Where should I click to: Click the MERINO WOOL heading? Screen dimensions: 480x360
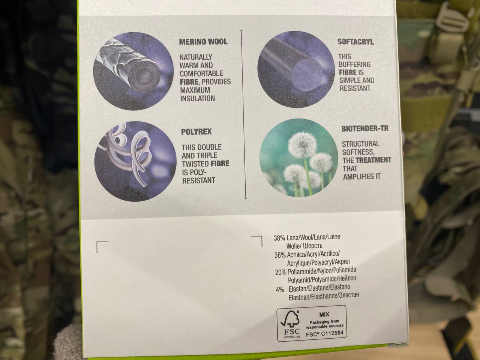[x=203, y=42]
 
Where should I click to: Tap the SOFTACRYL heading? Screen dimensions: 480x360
[x=355, y=42]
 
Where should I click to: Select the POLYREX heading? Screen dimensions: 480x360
[x=196, y=132]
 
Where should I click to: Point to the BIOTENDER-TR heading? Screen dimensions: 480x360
[x=365, y=129]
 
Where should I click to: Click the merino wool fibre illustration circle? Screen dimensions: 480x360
[x=133, y=71]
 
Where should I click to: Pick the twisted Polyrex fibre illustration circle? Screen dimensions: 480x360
[x=135, y=161]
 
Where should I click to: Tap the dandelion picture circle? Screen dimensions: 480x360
[x=299, y=158]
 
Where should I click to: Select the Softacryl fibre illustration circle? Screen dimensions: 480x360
[x=296, y=69]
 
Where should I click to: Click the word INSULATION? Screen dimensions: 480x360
[x=198, y=99]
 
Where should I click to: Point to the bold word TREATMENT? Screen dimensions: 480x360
[x=373, y=160]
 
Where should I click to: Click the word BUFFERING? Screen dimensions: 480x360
[x=355, y=64]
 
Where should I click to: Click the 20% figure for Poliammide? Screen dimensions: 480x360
[x=280, y=272]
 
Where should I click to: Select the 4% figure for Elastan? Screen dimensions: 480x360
[x=280, y=290]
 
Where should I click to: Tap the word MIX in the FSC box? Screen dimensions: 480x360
[x=324, y=315]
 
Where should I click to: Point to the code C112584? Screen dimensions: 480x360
[x=333, y=333]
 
